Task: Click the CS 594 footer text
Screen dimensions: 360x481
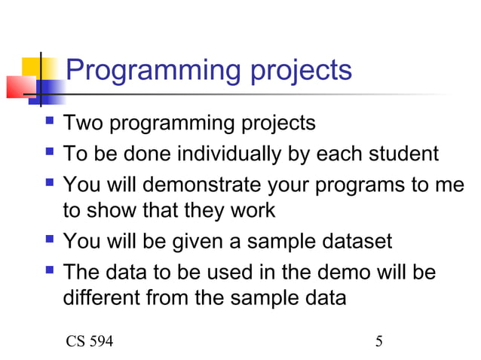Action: (x=90, y=342)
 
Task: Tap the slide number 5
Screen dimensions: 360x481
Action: (x=379, y=342)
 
